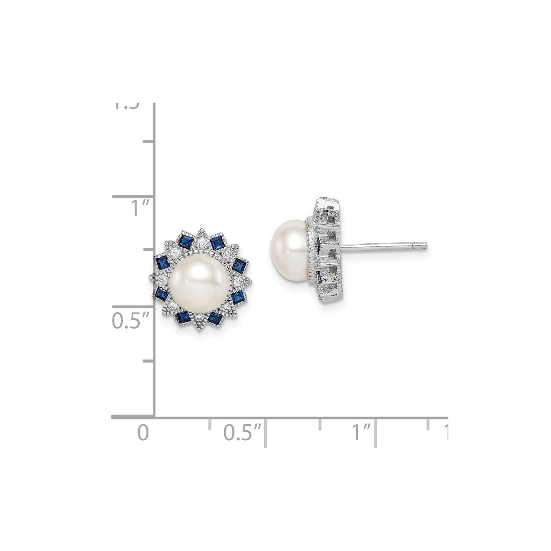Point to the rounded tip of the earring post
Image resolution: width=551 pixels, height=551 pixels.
424,246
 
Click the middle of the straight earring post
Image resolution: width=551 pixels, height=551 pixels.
384,246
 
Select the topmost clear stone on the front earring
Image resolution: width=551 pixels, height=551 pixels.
200,241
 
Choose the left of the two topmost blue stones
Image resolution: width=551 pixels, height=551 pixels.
185,242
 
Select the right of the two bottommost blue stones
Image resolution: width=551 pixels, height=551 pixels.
214,316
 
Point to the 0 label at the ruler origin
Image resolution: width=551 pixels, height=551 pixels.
143,433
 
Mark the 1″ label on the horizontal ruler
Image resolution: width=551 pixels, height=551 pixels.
362,433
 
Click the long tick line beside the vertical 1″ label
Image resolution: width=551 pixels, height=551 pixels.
133,197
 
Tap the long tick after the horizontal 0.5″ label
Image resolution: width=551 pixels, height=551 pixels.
266,433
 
